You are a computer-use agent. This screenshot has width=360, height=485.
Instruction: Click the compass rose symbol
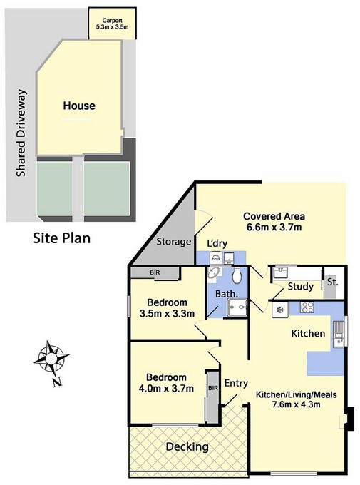click(x=51, y=359)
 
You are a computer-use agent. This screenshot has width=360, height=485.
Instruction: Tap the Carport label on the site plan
click(x=112, y=21)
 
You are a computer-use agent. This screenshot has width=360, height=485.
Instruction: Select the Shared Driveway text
click(x=21, y=133)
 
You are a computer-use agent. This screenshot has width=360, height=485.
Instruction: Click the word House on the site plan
click(x=79, y=106)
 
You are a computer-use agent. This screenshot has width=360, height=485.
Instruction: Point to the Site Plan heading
click(x=62, y=238)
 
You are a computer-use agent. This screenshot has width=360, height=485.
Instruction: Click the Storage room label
click(x=173, y=242)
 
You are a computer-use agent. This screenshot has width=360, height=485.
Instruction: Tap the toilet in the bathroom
click(x=237, y=275)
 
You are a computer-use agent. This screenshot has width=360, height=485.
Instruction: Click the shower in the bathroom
click(x=237, y=307)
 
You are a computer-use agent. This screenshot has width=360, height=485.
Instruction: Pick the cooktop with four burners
click(x=307, y=307)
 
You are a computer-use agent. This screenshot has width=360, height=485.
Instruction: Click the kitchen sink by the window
click(x=339, y=335)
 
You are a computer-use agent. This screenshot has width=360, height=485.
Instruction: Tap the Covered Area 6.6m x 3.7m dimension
click(x=274, y=228)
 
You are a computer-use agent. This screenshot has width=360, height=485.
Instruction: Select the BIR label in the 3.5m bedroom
click(x=155, y=272)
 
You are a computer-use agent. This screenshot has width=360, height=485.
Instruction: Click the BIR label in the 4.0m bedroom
click(x=213, y=388)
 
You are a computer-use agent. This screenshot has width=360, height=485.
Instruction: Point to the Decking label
click(x=187, y=447)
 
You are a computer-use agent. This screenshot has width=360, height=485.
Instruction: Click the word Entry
click(x=236, y=384)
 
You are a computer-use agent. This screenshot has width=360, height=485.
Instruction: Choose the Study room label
click(x=300, y=287)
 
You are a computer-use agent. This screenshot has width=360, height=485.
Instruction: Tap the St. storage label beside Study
click(x=332, y=282)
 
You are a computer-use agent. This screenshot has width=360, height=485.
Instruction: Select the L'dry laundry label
click(x=217, y=244)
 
